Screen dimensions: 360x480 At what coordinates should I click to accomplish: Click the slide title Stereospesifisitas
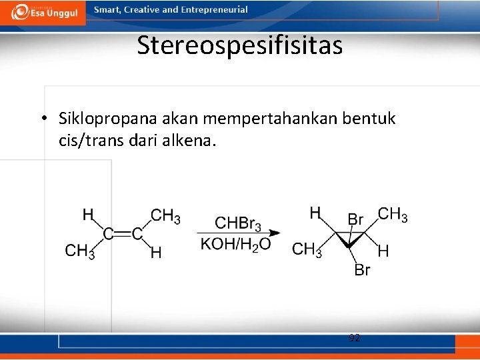tap(240, 45)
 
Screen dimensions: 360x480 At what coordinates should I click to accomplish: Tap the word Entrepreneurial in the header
tap(217, 10)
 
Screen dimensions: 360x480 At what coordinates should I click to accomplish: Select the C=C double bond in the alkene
tap(123, 234)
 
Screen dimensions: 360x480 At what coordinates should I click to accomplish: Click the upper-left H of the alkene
tap(88, 215)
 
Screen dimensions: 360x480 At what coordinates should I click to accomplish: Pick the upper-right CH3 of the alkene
tap(165, 216)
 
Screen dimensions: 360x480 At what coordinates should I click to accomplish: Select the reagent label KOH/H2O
tap(235, 244)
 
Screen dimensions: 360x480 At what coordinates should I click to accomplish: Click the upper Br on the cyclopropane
tap(355, 219)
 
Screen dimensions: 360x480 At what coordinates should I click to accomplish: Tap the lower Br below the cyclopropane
tap(362, 270)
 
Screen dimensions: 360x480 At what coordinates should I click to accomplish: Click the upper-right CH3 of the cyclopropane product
tap(393, 215)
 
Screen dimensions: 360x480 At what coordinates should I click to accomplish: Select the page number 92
tap(355, 338)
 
